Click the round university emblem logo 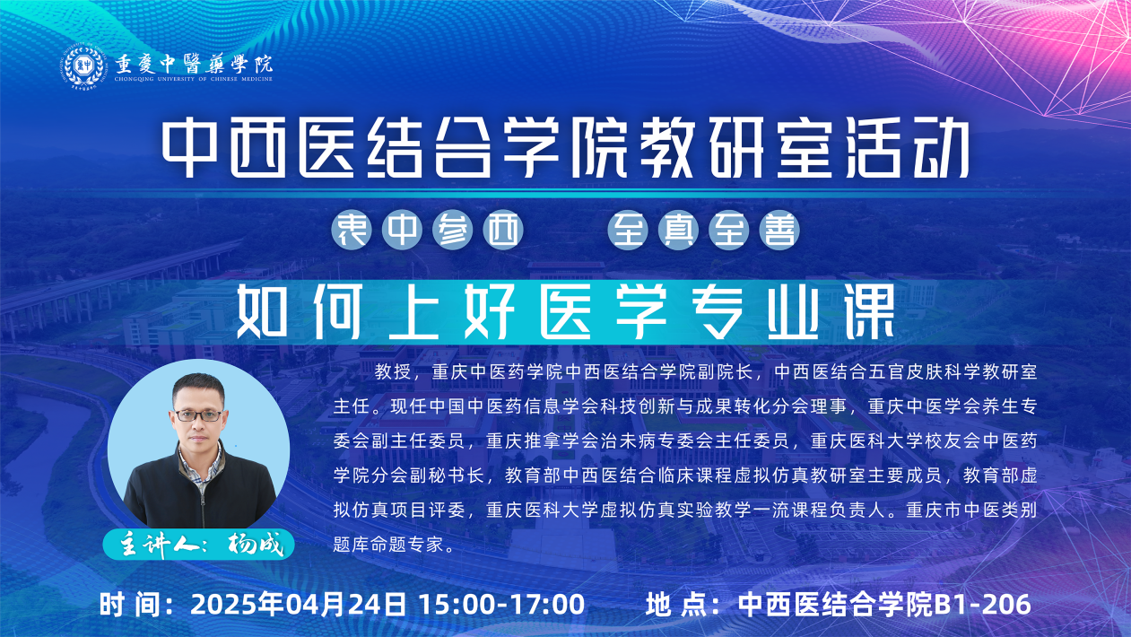83,66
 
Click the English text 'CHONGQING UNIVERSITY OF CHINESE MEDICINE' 194,79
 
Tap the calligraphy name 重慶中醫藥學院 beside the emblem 194,64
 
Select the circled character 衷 352,231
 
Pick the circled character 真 678,231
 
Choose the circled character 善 779,231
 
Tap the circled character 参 452,231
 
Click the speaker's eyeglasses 198,415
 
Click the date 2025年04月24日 298,604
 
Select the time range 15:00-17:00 502,604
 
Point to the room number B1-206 982,604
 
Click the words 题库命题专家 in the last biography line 387,544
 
